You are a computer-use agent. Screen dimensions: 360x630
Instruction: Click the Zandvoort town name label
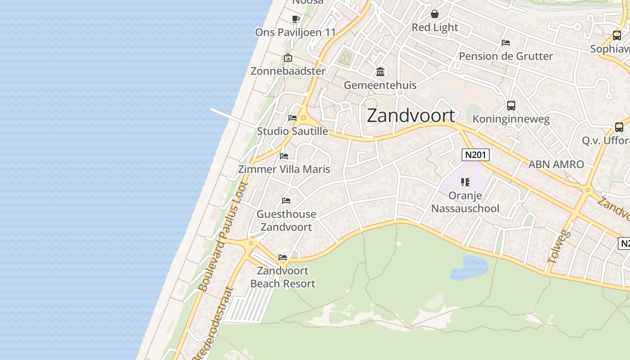411,116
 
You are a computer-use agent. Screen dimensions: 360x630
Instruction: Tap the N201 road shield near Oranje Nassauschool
475,155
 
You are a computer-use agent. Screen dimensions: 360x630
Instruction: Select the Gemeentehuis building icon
380,72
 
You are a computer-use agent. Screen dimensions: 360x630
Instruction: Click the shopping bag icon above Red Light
435,14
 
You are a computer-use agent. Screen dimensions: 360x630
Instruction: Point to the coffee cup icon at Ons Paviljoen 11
295,19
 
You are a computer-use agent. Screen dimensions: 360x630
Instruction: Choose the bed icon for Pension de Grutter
506,43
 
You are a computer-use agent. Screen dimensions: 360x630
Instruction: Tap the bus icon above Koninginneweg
511,106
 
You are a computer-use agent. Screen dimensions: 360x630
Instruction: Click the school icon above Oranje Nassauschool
465,182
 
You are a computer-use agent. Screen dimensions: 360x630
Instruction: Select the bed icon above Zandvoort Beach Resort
283,257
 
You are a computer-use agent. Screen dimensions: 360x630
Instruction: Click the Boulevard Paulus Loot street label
224,236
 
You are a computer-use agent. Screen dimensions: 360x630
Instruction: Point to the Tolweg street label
559,247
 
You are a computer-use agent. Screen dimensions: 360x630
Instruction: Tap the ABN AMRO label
556,164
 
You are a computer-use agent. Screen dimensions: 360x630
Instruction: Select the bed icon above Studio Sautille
292,118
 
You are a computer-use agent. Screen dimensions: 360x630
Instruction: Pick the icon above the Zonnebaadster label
288,58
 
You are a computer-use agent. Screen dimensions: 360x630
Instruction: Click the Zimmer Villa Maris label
284,169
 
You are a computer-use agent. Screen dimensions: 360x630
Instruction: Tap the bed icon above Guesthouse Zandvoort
286,200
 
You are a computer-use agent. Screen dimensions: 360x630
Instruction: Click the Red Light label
435,27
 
